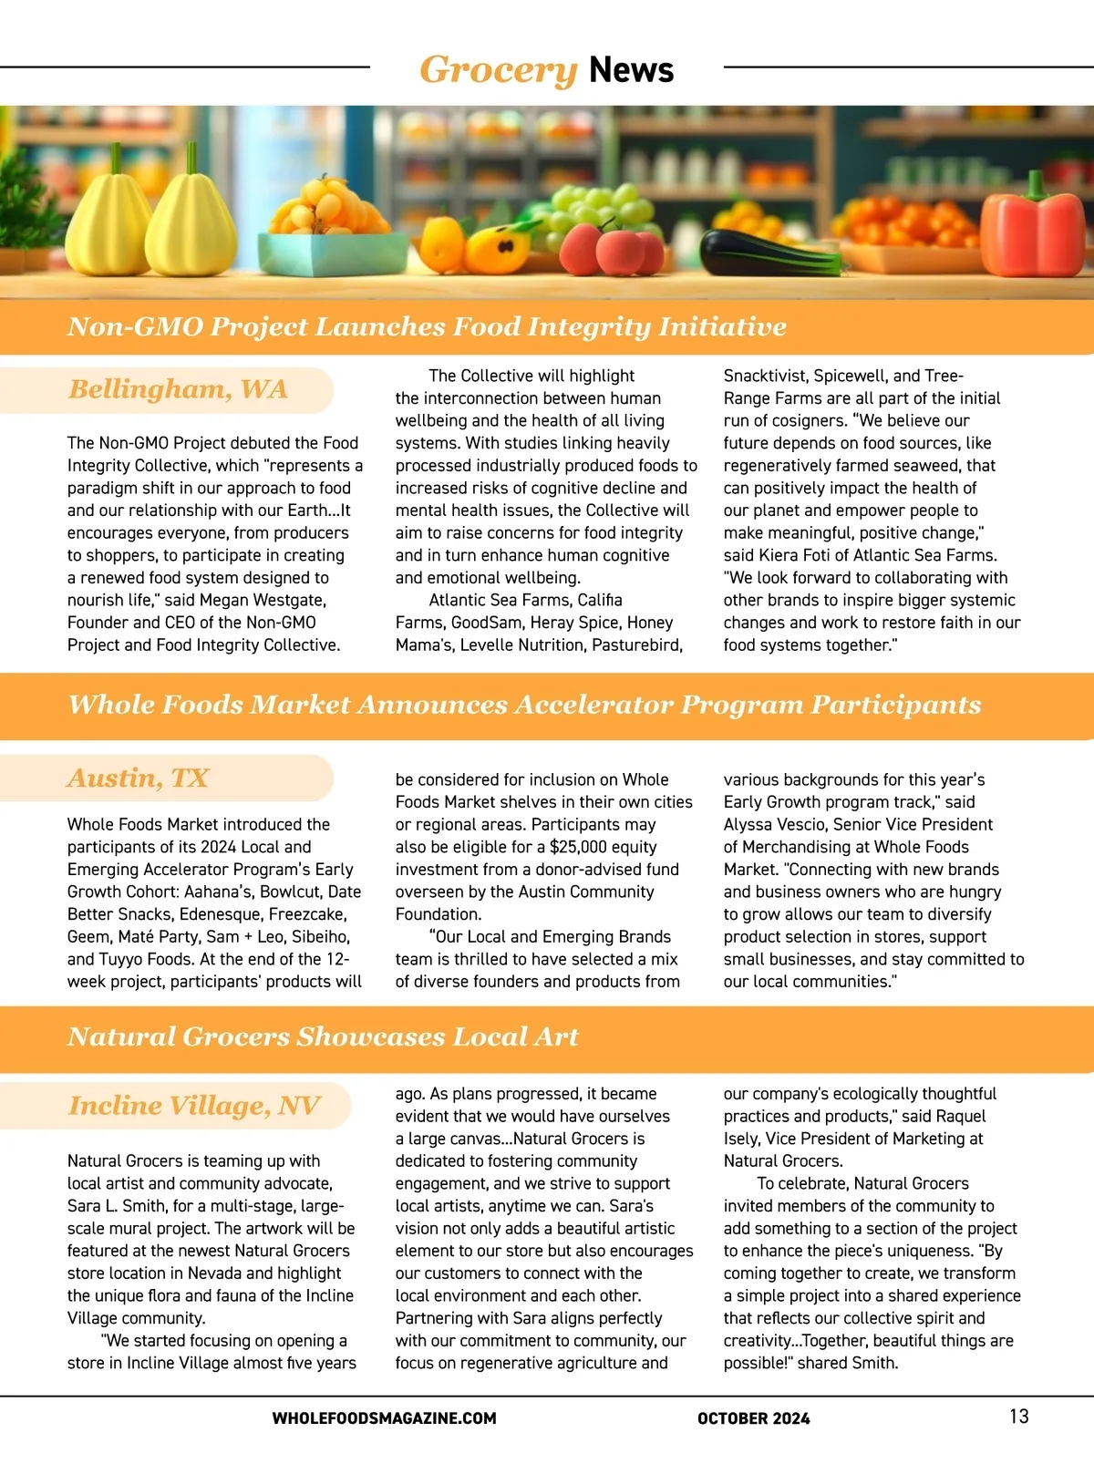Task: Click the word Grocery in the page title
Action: pyautogui.click(x=498, y=69)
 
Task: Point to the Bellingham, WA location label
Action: pyautogui.click(x=178, y=389)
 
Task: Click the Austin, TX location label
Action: pyautogui.click(x=138, y=778)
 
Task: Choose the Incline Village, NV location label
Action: pyautogui.click(x=194, y=1105)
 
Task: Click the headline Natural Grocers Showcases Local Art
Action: pyautogui.click(x=323, y=1036)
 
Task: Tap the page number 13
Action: pyautogui.click(x=1018, y=1416)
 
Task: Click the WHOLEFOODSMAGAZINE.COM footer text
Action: pyautogui.click(x=384, y=1418)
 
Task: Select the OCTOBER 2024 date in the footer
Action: pyautogui.click(x=753, y=1418)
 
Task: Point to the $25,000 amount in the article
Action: pyautogui.click(x=579, y=847)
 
